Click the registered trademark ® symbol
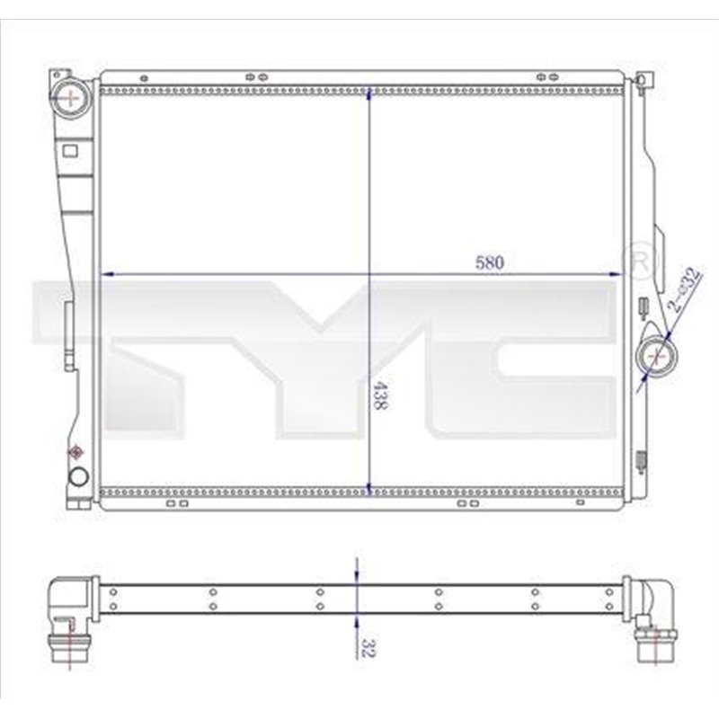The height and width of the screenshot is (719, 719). pyautogui.click(x=641, y=261)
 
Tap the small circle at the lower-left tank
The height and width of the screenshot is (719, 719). pyautogui.click(x=77, y=475)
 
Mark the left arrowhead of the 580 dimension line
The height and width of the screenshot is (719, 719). pyautogui.click(x=105, y=273)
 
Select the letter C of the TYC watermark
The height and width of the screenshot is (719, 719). pyautogui.click(x=539, y=359)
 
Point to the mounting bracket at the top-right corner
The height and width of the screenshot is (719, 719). pyautogui.click(x=642, y=82)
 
